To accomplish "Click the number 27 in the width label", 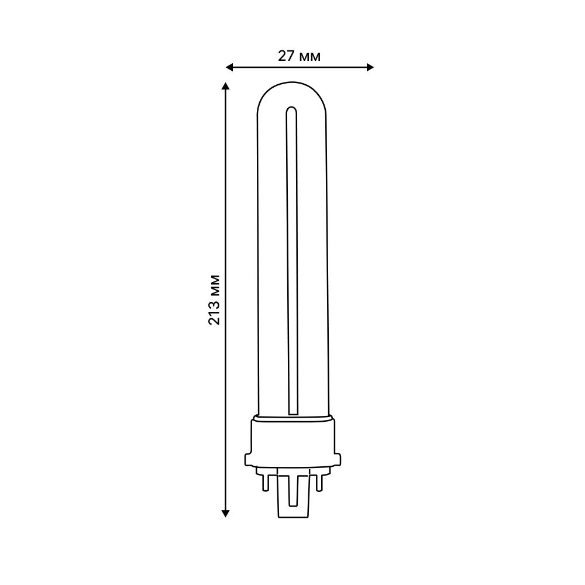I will click(x=285, y=56).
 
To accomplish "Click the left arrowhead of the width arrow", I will click(x=229, y=67).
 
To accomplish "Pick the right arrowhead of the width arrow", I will click(x=370, y=67).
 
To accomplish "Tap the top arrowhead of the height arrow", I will click(x=226, y=86).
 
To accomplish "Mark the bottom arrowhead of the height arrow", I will click(x=226, y=513).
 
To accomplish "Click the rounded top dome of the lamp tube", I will click(x=292, y=91).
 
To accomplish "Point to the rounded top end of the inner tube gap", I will click(x=291, y=109).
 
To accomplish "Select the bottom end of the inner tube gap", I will click(x=291, y=412).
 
